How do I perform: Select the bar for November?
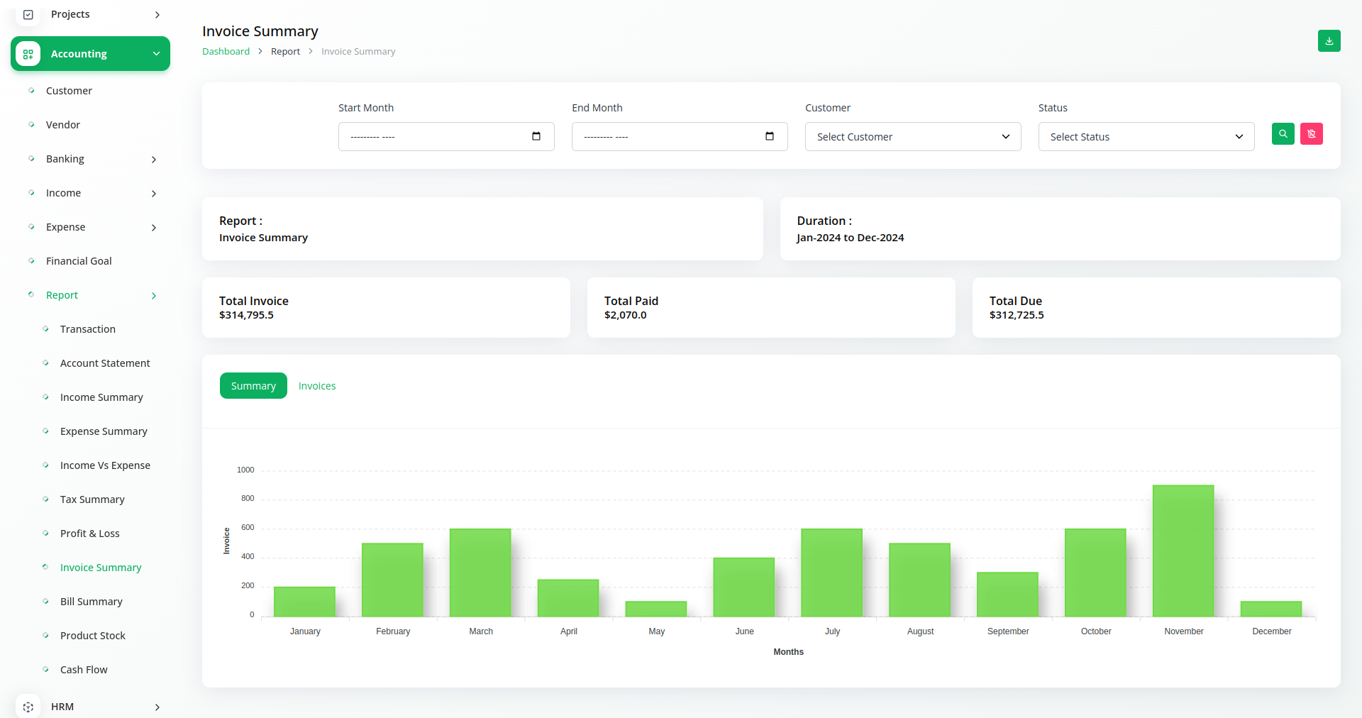[x=1183, y=551]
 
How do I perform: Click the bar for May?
[x=655, y=609]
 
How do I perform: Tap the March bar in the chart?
[x=480, y=572]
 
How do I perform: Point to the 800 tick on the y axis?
[x=248, y=499]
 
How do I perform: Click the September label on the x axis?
[x=1007, y=631]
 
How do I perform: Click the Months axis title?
[x=788, y=652]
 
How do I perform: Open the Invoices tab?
[x=317, y=386]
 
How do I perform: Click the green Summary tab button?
[x=253, y=386]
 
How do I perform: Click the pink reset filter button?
[x=1311, y=134]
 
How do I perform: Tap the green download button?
[x=1329, y=41]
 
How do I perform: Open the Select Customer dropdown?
[x=912, y=137]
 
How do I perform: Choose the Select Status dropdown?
[x=1146, y=137]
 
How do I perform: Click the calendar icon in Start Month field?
[x=536, y=136]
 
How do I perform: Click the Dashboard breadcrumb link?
[x=226, y=52]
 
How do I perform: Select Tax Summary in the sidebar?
[x=92, y=499]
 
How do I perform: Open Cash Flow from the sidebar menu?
[x=84, y=670]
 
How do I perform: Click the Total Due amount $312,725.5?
[x=1017, y=315]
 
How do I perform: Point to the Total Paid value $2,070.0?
[x=625, y=315]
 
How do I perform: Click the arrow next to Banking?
[x=154, y=160]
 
